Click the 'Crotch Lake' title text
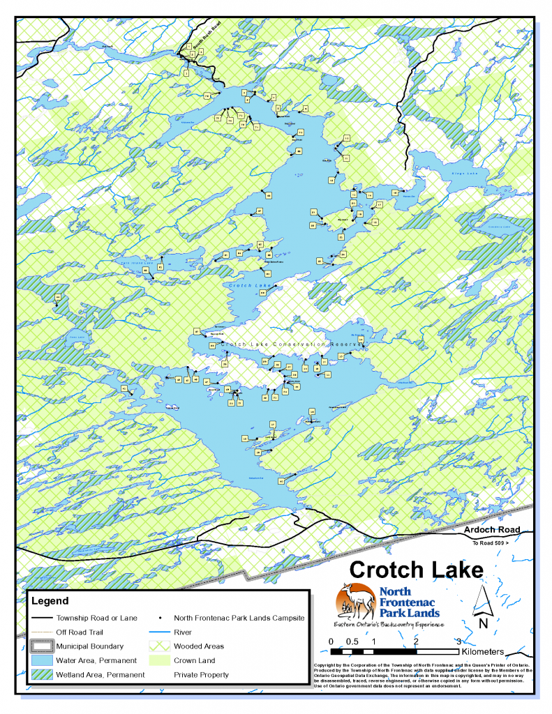(416, 569)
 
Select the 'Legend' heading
(50, 600)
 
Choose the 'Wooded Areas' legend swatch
(160, 646)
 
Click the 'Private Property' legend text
(200, 674)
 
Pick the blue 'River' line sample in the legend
(160, 632)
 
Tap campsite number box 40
(281, 481)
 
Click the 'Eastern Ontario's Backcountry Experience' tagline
(389, 623)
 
